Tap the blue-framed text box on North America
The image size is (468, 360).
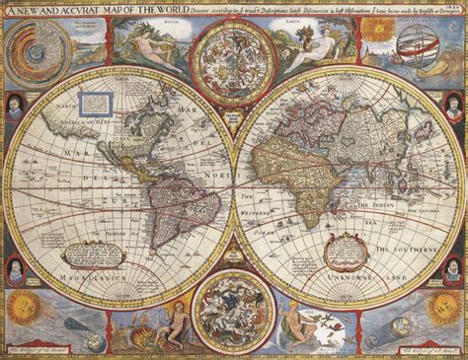[x=96, y=102]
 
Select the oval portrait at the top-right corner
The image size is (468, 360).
[x=455, y=104]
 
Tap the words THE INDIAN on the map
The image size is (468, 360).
[x=396, y=206]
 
